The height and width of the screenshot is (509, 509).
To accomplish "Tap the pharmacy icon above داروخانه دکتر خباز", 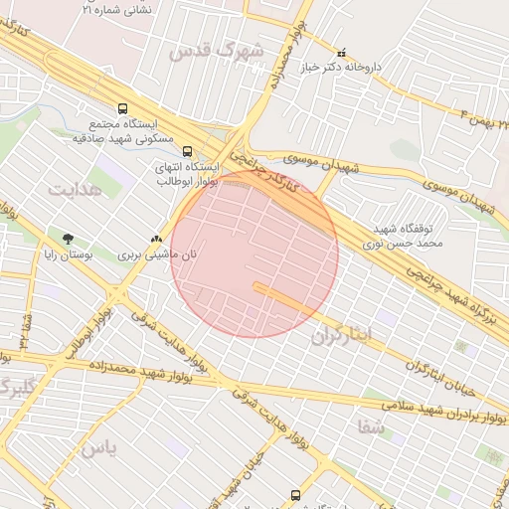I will point(342,53).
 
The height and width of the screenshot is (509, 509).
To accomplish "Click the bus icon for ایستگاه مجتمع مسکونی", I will point(122,107).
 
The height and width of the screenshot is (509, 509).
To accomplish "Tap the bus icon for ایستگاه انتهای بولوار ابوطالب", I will point(188,151).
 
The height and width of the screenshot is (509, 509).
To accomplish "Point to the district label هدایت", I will point(76,188).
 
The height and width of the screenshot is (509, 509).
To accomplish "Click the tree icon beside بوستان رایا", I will point(68,239).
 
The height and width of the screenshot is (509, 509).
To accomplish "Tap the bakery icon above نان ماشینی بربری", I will point(155,239).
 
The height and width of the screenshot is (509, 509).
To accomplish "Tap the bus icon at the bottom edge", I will point(294,494).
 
